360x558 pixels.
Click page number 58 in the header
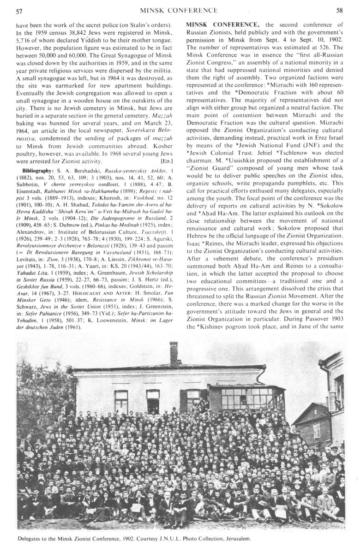tap(340, 10)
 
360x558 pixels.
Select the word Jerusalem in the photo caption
tap(235, 539)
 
